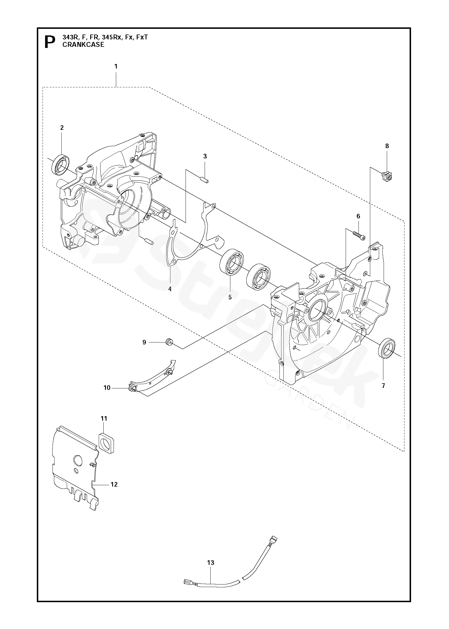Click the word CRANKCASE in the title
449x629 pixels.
point(83,45)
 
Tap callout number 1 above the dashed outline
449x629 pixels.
point(116,66)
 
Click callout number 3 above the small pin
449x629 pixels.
point(205,156)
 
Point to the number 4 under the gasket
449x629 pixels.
point(170,289)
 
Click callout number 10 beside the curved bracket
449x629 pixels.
point(107,388)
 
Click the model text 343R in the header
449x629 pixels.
point(69,37)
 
